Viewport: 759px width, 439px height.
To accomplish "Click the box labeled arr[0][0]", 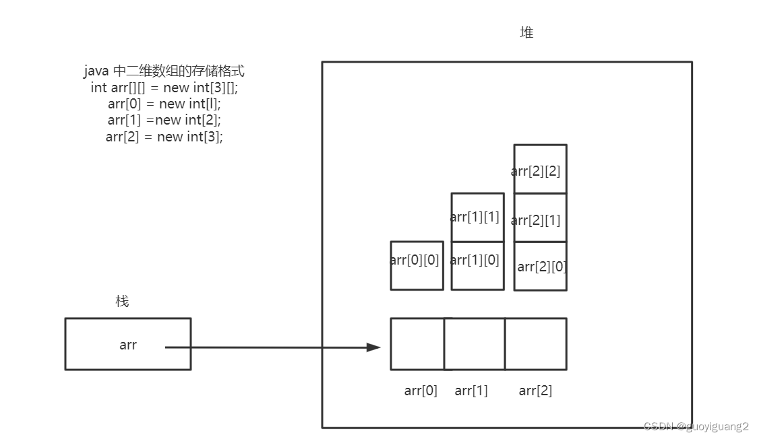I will tap(417, 265).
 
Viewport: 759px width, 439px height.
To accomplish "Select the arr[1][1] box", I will tap(477, 217).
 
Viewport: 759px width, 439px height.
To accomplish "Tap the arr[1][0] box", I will tap(477, 265).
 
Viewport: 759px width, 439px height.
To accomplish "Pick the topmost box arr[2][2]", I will tap(540, 169).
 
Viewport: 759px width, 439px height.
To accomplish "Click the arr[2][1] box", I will tap(540, 217).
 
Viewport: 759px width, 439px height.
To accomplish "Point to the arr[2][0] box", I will tap(540, 266).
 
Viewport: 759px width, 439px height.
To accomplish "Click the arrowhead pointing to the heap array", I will tap(373, 347).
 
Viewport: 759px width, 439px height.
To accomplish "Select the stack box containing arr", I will tap(127, 344).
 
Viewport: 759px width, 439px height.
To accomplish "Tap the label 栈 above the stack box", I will tap(122, 301).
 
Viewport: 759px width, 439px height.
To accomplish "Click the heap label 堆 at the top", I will tap(526, 32).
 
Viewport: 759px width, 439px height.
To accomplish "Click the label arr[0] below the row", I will tap(421, 391).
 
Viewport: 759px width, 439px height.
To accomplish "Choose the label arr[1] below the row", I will tap(471, 391).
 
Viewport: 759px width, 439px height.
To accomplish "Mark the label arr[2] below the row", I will tap(535, 391).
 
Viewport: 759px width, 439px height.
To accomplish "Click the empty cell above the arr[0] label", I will tap(417, 344).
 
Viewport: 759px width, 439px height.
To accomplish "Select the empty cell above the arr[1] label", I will tap(475, 344).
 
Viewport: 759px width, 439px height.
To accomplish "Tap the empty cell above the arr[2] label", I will tap(535, 344).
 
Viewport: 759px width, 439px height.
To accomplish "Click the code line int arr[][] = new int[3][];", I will tap(164, 88).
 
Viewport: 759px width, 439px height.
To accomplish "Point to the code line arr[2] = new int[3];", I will tap(164, 137).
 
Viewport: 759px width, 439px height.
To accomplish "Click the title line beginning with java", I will tap(164, 71).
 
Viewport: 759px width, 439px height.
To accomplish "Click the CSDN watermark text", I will tap(696, 426).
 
